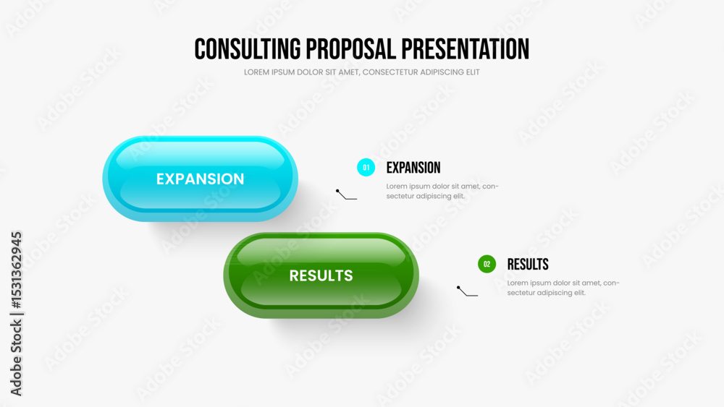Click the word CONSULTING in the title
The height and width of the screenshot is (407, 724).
(248, 49)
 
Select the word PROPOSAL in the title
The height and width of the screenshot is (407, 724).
(351, 49)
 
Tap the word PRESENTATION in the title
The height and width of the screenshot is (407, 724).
(465, 49)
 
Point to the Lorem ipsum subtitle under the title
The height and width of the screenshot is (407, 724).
(361, 72)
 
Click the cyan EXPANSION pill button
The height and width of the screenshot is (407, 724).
(200, 179)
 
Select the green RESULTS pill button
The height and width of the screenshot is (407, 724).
(321, 275)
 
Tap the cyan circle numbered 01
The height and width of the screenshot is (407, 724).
(366, 167)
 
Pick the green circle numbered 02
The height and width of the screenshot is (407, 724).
(487, 264)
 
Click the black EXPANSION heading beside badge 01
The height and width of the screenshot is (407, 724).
(413, 168)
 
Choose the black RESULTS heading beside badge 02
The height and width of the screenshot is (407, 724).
(528, 265)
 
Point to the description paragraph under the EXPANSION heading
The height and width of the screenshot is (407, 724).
(442, 192)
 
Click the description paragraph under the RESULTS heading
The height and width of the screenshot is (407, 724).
(563, 288)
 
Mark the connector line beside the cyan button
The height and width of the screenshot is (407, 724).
(345, 197)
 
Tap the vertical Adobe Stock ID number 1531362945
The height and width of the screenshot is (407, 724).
(17, 270)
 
